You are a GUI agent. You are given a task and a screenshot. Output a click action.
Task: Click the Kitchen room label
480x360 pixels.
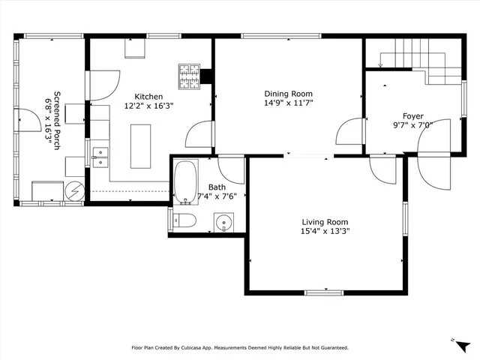[148, 97]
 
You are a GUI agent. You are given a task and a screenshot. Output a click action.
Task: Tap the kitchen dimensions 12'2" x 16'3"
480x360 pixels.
[148, 106]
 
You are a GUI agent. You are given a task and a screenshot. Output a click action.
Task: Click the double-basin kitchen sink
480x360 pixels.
[100, 156]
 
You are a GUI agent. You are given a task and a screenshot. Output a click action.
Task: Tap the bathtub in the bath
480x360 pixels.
[184, 181]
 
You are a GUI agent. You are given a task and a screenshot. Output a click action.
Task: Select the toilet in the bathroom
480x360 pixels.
[184, 220]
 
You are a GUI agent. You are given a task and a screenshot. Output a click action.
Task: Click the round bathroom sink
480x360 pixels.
[223, 222]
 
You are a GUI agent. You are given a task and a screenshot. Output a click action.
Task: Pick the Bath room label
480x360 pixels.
[217, 187]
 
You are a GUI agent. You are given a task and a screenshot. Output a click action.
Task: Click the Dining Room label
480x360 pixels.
[288, 94]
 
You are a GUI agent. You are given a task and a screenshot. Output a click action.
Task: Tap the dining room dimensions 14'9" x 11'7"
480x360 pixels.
[288, 103]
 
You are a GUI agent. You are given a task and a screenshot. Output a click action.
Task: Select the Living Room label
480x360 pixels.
[325, 222]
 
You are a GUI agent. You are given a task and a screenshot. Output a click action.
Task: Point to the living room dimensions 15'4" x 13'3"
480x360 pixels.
[325, 232]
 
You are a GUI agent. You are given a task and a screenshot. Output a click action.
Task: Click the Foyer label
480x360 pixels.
[413, 115]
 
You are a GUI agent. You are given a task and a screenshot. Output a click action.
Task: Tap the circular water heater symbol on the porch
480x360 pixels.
[74, 192]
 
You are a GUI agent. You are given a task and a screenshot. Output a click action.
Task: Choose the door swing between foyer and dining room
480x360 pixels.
[349, 133]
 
